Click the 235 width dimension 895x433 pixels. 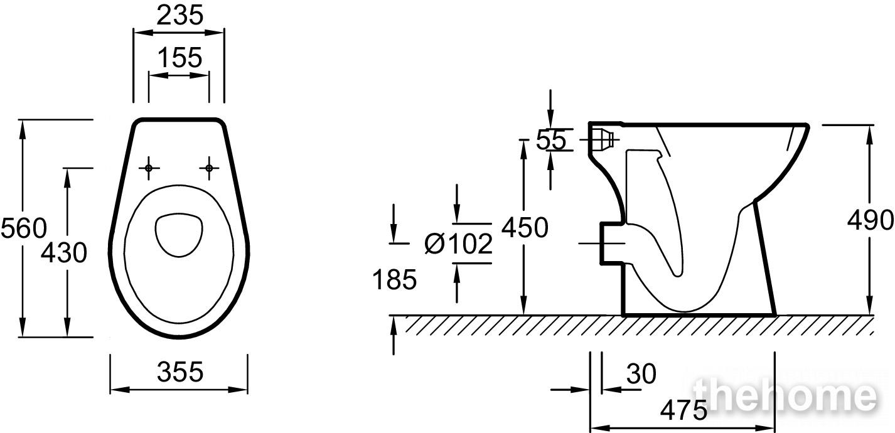(180, 16)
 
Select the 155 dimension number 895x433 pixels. (180, 58)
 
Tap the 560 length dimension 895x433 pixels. (24, 228)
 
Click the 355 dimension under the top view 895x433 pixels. (180, 372)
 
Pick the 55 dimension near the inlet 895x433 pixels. (551, 140)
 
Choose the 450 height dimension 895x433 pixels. (525, 228)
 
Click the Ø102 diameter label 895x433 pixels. (458, 244)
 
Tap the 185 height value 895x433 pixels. (394, 279)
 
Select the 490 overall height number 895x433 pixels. (871, 220)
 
